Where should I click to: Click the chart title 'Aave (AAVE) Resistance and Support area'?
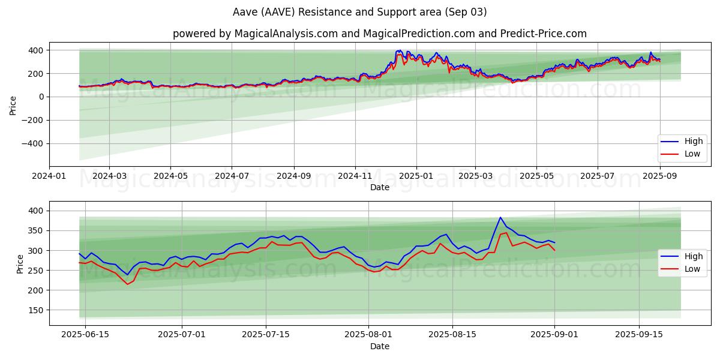[x=359, y=12]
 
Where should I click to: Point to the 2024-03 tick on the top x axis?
[x=110, y=176]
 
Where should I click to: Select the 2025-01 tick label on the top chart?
[x=416, y=176]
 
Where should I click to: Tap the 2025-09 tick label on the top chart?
[x=660, y=176]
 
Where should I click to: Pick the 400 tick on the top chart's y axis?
[x=36, y=50]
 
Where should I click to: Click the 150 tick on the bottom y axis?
[x=36, y=310]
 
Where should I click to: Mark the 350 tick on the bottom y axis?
[x=36, y=230]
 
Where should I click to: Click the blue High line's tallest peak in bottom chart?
[x=500, y=218]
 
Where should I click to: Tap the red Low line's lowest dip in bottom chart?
[x=127, y=284]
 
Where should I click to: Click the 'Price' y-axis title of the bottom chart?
[x=20, y=264]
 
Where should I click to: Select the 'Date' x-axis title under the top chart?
[x=379, y=187]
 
